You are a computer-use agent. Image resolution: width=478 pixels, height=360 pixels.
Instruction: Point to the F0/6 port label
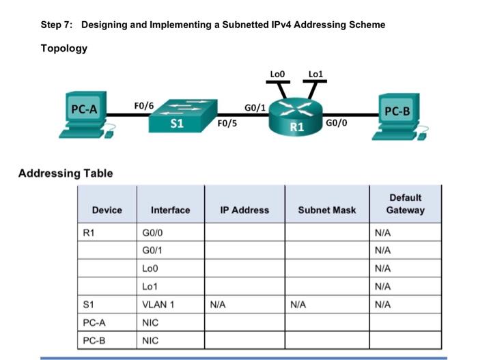(x=144, y=105)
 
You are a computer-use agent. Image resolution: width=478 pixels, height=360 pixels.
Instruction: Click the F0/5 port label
(x=226, y=124)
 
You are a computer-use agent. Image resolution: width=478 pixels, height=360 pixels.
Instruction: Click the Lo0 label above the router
(x=277, y=73)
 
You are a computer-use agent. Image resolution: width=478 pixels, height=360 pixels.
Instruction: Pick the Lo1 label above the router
(x=315, y=73)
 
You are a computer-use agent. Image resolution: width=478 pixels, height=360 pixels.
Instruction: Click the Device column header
(x=107, y=210)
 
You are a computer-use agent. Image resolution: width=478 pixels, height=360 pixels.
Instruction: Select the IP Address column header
(x=244, y=210)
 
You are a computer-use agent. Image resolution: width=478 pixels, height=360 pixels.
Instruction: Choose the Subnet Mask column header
(x=326, y=210)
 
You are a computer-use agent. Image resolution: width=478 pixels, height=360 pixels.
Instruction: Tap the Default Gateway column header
(x=405, y=204)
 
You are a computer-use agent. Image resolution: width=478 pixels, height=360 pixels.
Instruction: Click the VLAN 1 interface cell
(x=158, y=304)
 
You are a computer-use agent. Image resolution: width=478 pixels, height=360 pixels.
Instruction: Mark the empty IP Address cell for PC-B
(x=244, y=340)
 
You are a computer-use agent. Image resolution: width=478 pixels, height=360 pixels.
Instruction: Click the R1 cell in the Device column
(x=88, y=233)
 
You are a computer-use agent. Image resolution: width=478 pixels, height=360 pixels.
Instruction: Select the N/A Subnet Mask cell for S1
(x=298, y=304)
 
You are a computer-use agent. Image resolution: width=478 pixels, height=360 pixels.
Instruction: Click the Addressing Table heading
(x=66, y=173)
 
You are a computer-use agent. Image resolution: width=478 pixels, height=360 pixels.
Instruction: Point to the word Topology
(x=64, y=49)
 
